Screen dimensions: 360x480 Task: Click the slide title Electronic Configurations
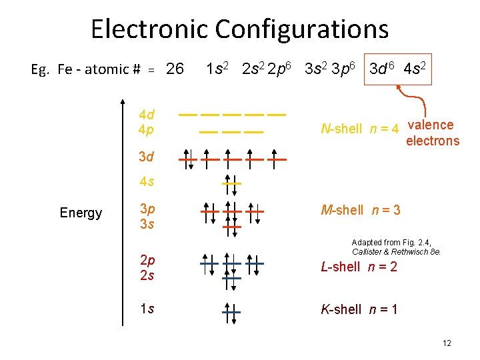pos(239,29)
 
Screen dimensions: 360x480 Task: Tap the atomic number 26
pos(175,69)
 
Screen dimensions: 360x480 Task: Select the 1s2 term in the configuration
pos(218,69)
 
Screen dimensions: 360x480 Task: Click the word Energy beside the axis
pos(81,213)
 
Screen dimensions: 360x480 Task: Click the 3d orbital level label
pos(146,157)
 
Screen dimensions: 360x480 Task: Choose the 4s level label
pos(146,181)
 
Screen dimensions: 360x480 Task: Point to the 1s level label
pos(146,309)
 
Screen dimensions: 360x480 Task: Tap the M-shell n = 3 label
pos(361,211)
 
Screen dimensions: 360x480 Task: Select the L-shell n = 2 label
pos(359,267)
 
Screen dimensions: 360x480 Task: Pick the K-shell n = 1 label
pos(359,309)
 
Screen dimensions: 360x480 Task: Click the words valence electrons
pos(432,133)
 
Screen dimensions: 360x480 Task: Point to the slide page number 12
pos(447,343)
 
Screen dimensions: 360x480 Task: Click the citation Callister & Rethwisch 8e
pos(396,252)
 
